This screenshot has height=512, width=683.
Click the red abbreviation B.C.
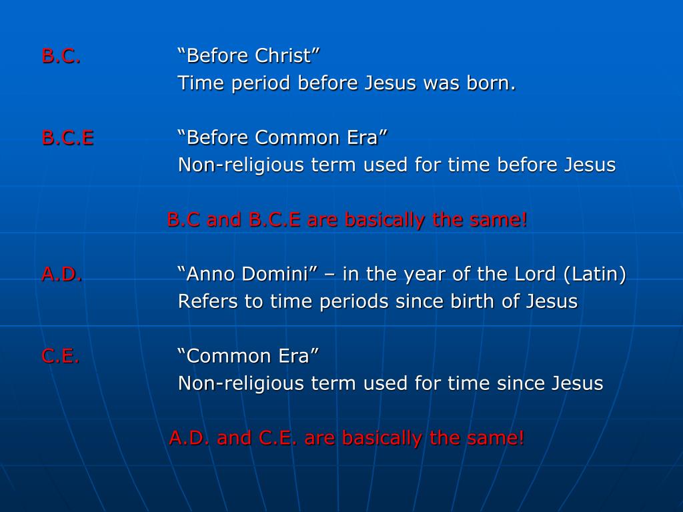tap(61, 56)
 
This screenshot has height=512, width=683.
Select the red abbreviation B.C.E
tap(67, 138)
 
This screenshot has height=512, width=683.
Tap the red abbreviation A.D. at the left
tap(62, 274)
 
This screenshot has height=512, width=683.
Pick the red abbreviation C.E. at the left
tap(61, 356)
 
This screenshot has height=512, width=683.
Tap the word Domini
tap(277, 274)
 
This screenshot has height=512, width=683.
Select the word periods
tap(354, 302)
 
